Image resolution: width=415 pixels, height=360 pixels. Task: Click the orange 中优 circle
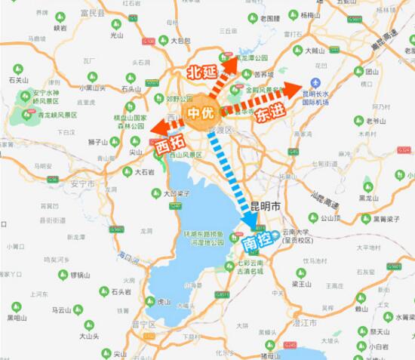(200, 114)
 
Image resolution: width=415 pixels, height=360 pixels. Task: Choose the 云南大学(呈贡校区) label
(296, 237)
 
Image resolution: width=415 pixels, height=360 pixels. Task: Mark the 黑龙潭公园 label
(251, 57)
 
